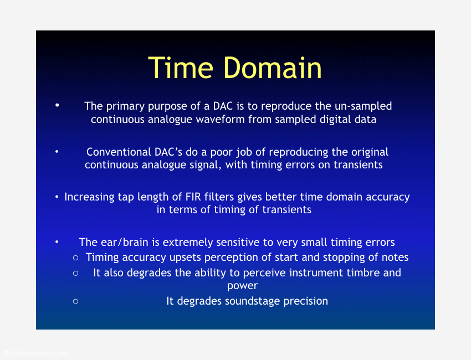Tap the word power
click(x=242, y=286)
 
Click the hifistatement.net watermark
click(x=37, y=353)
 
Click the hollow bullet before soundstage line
click(x=76, y=301)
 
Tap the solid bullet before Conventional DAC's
click(x=57, y=152)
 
